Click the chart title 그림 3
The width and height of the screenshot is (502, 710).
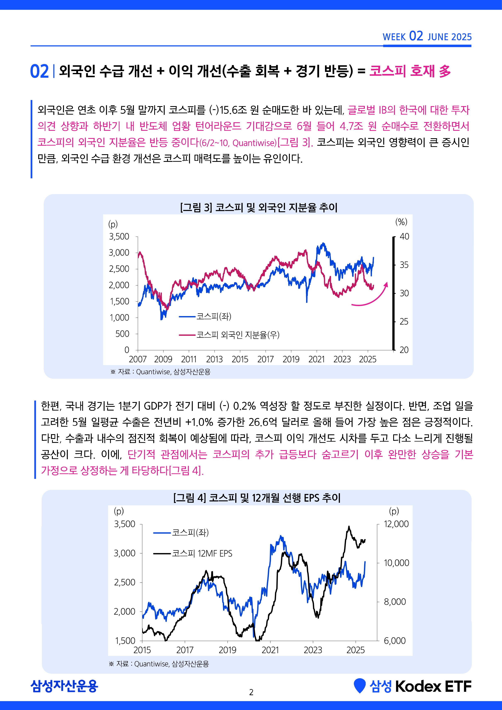(x=259, y=207)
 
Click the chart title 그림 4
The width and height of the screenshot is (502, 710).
(x=257, y=498)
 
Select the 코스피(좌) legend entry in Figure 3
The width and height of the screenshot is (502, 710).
(x=205, y=316)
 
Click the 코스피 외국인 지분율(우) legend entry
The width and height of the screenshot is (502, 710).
(x=229, y=335)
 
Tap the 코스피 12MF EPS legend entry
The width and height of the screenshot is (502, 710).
(x=193, y=553)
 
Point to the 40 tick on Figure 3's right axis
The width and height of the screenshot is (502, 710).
(x=404, y=237)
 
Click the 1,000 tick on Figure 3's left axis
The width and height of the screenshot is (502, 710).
(x=119, y=317)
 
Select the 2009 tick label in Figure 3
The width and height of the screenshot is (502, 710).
(x=163, y=359)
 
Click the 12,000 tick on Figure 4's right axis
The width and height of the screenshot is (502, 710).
(x=396, y=524)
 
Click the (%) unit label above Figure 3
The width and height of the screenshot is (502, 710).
(x=401, y=222)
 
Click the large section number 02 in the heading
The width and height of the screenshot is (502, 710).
(x=39, y=71)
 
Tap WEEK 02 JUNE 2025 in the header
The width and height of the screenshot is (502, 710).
(x=427, y=36)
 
